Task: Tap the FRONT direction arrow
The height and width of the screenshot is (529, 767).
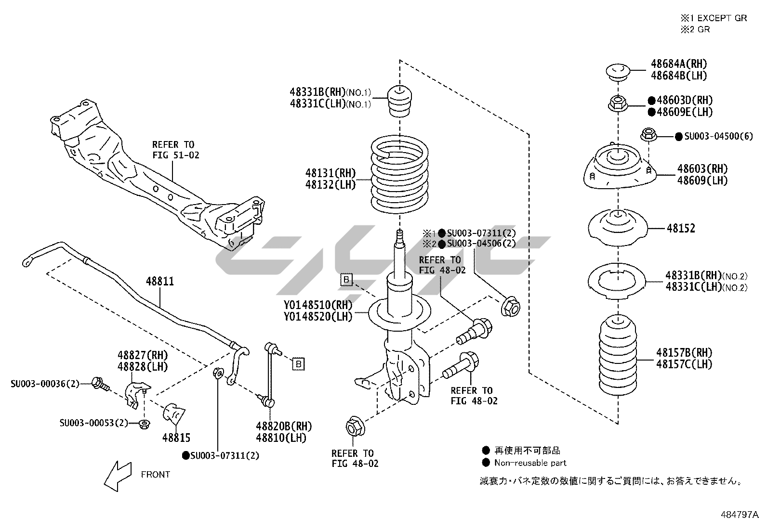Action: pos(117,476)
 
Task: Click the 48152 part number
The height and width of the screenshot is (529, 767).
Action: pos(681,228)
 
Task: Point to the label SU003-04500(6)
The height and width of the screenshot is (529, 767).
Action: pos(718,136)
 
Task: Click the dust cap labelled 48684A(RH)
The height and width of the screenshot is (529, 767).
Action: pos(618,72)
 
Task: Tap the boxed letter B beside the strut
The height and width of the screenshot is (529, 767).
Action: pos(346,279)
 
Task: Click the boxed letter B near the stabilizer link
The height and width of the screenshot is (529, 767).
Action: pos(298,364)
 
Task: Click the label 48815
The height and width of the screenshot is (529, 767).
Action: pos(176,438)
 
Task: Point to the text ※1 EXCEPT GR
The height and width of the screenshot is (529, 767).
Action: pos(714,18)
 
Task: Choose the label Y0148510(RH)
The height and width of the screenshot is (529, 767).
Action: pos(318,305)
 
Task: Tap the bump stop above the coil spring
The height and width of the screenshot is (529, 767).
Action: pos(399,101)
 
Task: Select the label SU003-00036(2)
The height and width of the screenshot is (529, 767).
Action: pos(45,384)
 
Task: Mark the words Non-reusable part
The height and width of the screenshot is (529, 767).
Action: pos(530,463)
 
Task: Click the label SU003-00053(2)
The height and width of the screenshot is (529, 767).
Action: pos(94,423)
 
